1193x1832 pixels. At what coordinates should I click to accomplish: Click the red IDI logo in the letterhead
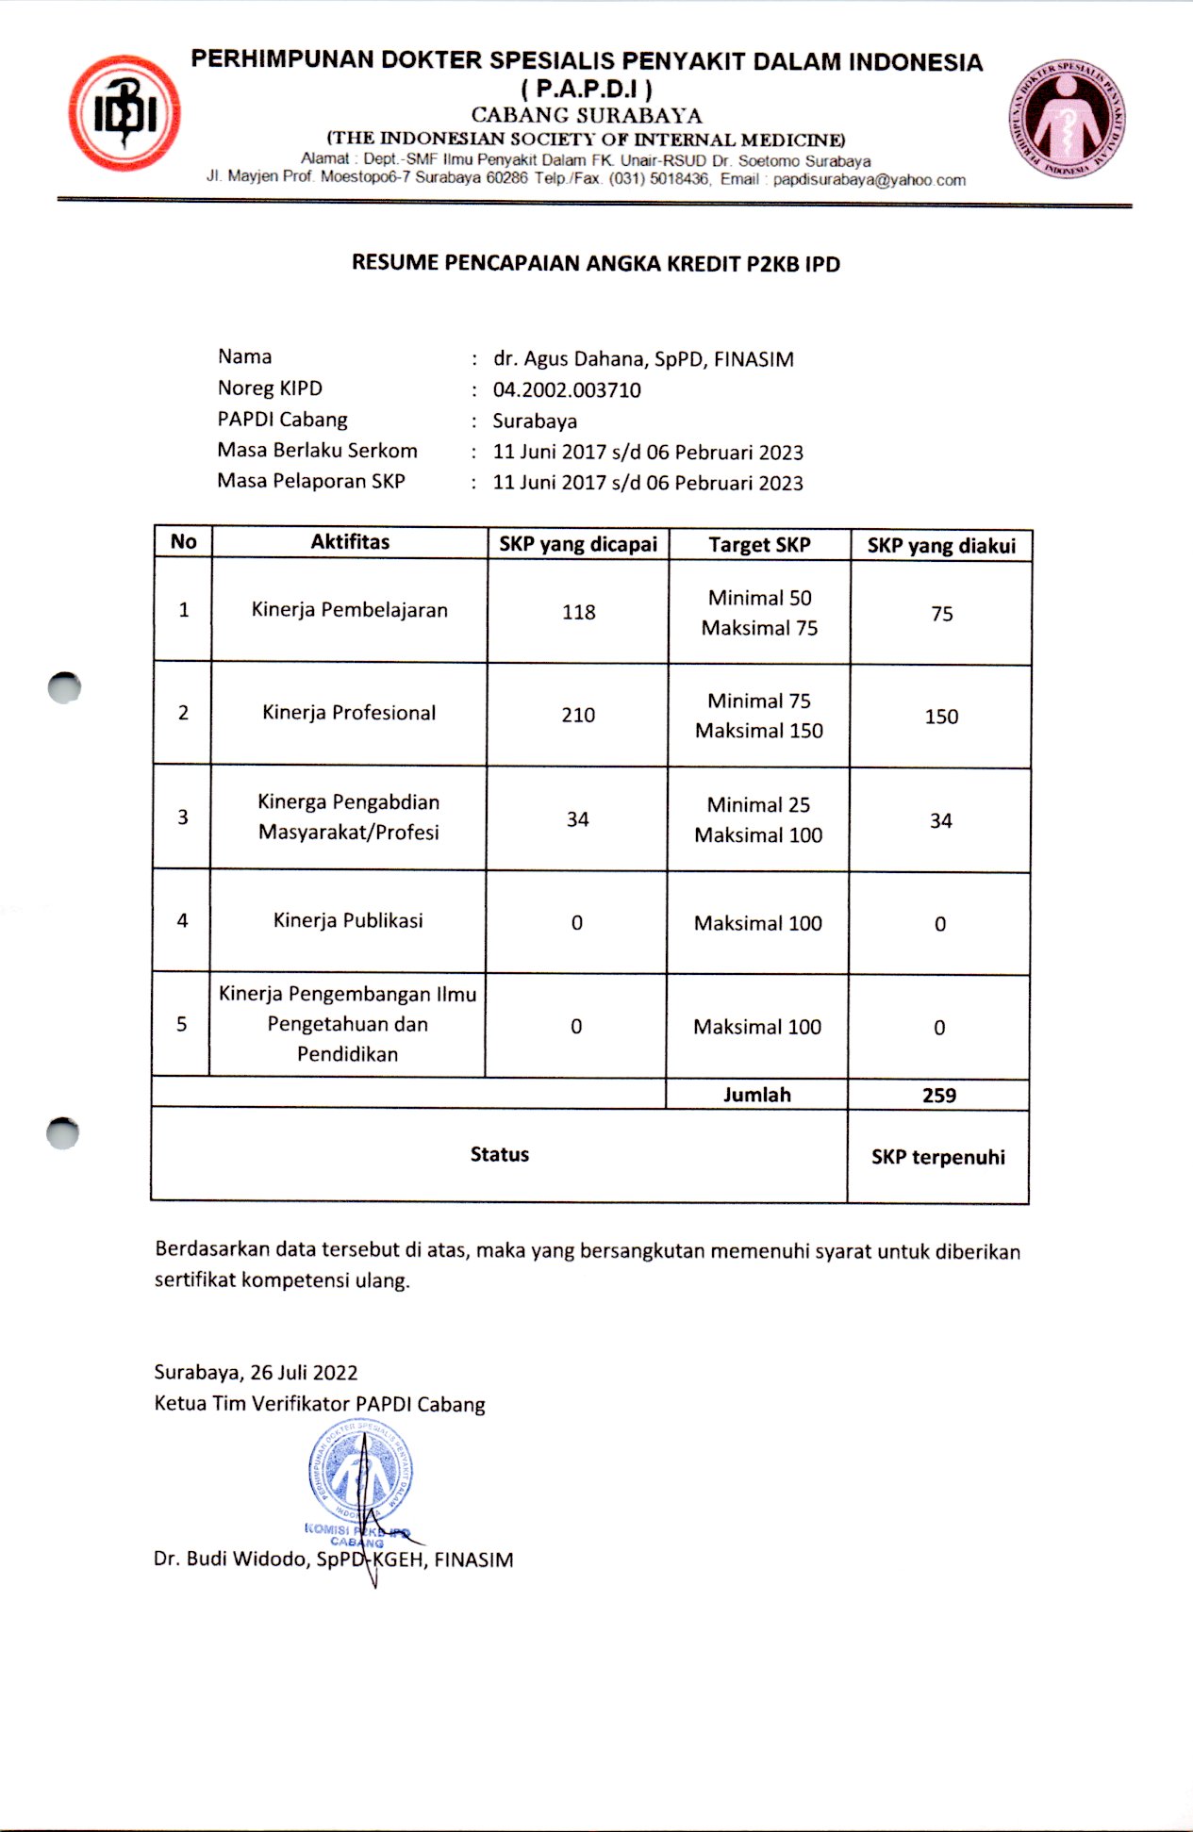point(124,113)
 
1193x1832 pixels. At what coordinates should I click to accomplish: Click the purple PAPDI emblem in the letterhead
point(1067,120)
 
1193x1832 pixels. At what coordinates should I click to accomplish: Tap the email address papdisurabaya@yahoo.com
point(869,180)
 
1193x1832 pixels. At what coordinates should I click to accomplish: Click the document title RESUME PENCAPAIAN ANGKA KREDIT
point(595,264)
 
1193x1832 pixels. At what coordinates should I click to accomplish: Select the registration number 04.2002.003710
point(567,390)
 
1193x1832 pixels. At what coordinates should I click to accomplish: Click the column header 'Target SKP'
point(759,545)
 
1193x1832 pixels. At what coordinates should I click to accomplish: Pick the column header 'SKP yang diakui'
point(941,546)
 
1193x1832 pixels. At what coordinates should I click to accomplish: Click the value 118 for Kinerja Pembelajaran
point(578,613)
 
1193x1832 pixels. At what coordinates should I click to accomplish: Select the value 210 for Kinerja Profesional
point(578,716)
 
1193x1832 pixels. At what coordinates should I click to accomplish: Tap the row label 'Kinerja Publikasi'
point(348,920)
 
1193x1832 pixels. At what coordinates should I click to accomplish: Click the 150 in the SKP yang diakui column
point(941,717)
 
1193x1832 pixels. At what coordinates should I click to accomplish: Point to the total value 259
point(939,1096)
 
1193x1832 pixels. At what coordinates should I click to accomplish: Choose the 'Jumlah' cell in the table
point(757,1095)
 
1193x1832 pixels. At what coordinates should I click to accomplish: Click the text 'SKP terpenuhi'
point(938,1158)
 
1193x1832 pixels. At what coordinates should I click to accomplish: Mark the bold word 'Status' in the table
point(500,1155)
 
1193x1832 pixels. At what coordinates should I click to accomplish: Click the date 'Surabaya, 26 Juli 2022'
point(257,1373)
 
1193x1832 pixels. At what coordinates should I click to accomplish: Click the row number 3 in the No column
point(183,817)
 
